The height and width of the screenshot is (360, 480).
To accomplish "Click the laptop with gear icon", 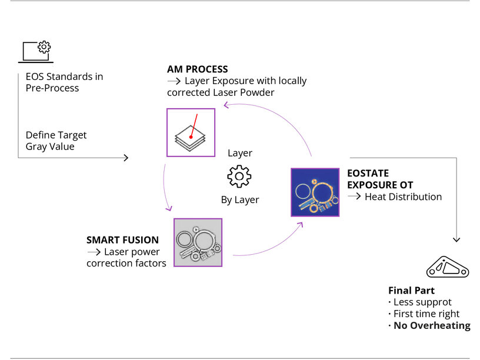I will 36,51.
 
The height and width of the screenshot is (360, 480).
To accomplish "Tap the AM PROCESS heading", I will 197,69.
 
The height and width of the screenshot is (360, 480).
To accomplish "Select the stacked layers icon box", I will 191,132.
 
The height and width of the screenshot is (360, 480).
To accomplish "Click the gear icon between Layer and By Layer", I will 239,176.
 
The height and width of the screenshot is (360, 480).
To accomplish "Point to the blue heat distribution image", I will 315,192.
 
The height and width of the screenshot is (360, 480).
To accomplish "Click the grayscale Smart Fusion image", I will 198,242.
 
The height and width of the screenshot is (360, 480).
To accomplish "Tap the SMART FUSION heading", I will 122,240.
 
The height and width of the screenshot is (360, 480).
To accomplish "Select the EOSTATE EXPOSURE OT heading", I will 380,179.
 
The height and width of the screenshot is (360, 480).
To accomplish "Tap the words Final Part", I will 411,291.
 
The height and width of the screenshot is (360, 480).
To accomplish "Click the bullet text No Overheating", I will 432,325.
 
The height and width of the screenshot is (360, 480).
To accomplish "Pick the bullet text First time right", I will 426,314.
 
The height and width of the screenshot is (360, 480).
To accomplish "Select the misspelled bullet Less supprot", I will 422,302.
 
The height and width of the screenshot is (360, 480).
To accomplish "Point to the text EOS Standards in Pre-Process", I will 64,82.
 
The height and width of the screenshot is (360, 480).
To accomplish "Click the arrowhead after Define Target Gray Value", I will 125,158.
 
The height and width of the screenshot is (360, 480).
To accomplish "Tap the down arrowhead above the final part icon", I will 456,239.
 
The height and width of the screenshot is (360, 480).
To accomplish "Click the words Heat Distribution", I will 403,196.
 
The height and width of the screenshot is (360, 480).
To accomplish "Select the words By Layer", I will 240,200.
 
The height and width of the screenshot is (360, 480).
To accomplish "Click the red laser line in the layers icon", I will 194,125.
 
